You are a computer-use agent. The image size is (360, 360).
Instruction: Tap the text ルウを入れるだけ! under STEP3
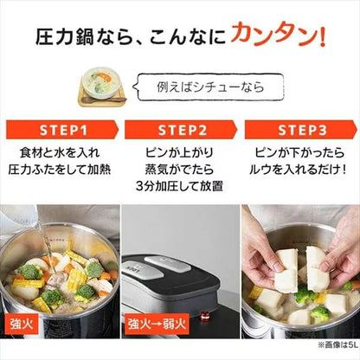click(x=299, y=171)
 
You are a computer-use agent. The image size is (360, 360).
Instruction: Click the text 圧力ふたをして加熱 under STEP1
click(x=60, y=171)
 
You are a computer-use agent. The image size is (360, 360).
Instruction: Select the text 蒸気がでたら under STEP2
click(x=179, y=171)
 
